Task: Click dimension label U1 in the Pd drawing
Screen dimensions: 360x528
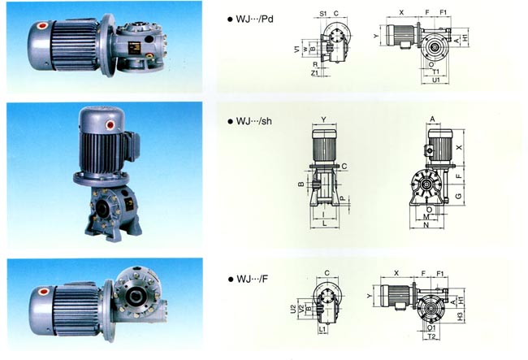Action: (435, 80)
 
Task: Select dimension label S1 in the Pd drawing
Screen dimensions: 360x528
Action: (322, 14)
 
